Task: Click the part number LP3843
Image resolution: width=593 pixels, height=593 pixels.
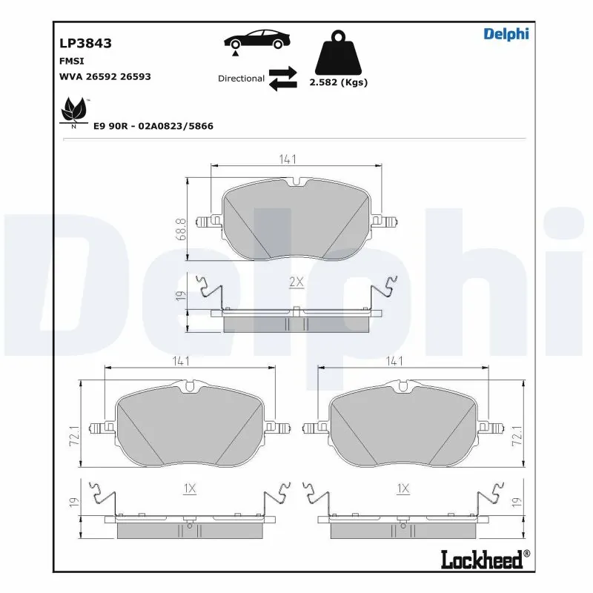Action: pos(85,44)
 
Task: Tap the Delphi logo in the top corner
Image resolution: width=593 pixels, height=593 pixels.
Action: pos(506,33)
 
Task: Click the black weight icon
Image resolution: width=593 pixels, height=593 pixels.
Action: pos(337,52)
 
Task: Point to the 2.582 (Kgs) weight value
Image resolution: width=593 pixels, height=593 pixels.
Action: pos(337,83)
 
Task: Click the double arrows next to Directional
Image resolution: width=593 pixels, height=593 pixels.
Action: pos(282,79)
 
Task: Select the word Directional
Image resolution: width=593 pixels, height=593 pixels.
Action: pos(241,79)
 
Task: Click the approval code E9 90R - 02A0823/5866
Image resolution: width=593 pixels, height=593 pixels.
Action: pos(153,126)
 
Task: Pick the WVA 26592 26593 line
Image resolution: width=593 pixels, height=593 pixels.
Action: pos(105,76)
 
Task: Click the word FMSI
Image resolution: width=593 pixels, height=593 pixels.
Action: pos(71,61)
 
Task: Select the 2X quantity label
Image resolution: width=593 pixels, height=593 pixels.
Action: pos(296,282)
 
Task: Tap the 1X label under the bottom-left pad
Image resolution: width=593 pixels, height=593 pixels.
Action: pos(189,488)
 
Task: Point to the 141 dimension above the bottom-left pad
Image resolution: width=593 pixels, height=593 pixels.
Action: pos(182,361)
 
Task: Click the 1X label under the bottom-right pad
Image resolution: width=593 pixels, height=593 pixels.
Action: pos(403,488)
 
